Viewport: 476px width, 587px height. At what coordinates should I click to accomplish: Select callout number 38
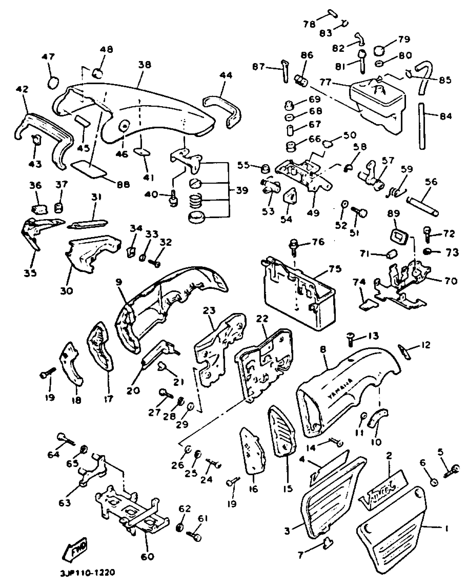tap(144, 65)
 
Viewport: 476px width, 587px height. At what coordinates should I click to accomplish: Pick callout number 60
tap(147, 556)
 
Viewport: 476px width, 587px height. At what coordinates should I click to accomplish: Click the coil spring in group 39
tap(195, 201)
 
